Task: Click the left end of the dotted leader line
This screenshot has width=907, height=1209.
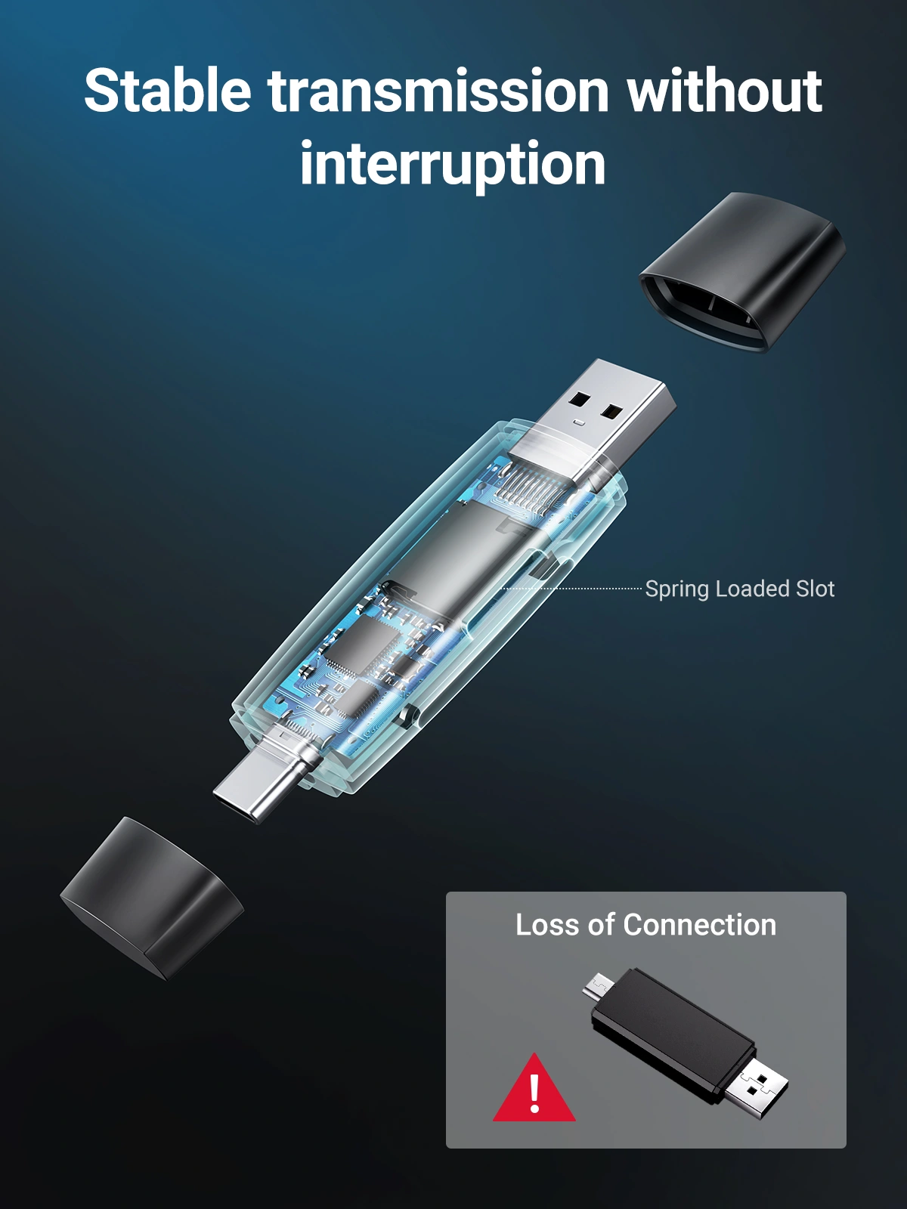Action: [x=500, y=589]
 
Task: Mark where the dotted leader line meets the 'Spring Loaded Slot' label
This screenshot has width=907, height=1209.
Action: [x=642, y=589]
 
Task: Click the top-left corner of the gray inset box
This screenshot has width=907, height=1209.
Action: [x=446, y=892]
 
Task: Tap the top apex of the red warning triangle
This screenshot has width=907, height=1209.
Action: [x=534, y=1053]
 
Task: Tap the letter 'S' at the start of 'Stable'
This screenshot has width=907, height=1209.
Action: [x=102, y=90]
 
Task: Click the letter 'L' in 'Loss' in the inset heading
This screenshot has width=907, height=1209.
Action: [x=523, y=925]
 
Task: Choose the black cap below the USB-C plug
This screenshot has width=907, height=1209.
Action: [x=151, y=897]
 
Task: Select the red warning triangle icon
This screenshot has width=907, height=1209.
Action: [x=534, y=1087]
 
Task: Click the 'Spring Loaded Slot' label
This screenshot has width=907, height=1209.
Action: [x=740, y=589]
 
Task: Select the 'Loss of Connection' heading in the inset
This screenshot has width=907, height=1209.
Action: [x=646, y=925]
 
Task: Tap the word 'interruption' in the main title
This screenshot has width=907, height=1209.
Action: [x=453, y=164]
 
